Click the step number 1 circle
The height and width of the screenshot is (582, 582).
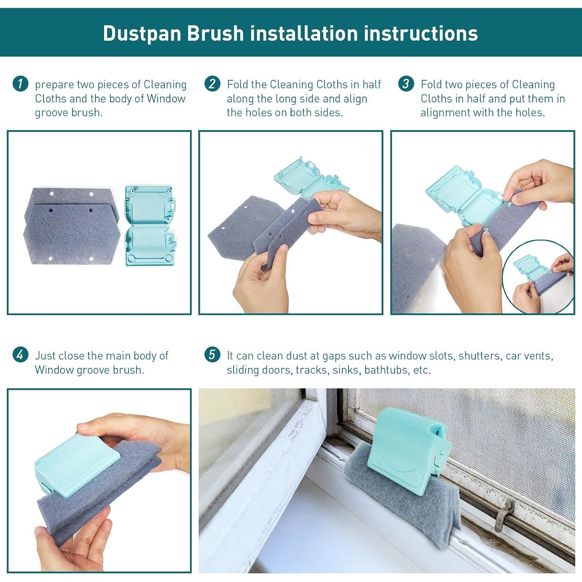tap(20, 84)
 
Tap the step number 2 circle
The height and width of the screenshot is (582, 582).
tap(212, 84)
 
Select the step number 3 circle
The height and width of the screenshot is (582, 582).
tap(406, 84)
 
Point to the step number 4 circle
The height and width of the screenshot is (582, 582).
tap(20, 355)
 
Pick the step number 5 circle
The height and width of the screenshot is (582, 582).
tap(212, 355)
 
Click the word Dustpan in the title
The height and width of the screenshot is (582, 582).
tap(142, 33)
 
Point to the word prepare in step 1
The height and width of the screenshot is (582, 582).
tap(54, 85)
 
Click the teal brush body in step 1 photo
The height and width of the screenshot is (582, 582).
tap(151, 226)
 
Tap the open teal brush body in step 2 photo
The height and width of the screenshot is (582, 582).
tap(311, 177)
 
